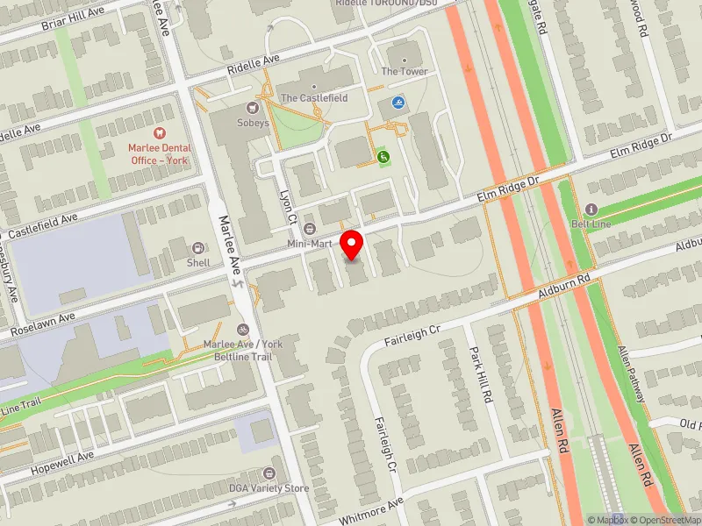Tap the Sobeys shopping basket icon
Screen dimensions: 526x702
254,109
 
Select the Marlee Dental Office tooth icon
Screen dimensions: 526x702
159,132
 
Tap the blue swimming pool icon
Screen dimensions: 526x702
398,103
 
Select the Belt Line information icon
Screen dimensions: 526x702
591,210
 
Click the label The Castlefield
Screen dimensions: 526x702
313,98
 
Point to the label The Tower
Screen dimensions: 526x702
404,71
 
